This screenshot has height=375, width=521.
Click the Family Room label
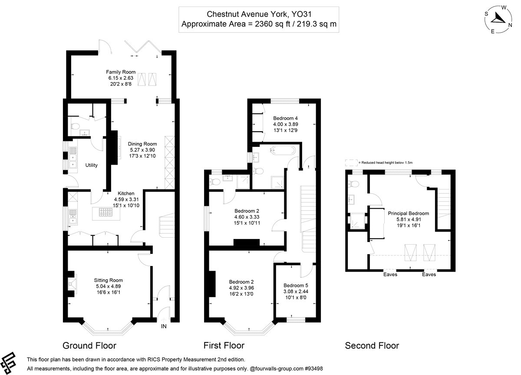[121, 72]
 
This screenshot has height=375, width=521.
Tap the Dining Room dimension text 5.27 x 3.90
[142, 150]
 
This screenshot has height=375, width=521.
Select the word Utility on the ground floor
[92, 165]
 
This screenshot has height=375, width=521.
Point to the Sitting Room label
[108, 280]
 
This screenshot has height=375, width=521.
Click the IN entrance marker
[164, 326]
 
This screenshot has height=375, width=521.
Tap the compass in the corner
[498, 20]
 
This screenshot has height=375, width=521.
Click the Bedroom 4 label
[285, 118]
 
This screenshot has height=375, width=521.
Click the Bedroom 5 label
[296, 285]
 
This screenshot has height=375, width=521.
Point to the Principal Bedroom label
[409, 213]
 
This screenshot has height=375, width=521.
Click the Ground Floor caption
[89, 345]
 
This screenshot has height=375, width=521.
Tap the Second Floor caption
[372, 345]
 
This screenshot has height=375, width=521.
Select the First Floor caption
[224, 345]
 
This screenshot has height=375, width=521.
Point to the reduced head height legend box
[351, 163]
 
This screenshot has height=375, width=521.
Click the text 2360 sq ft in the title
[272, 24]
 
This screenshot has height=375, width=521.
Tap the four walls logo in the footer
[8, 363]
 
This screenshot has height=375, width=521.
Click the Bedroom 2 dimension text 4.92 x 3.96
[241, 288]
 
